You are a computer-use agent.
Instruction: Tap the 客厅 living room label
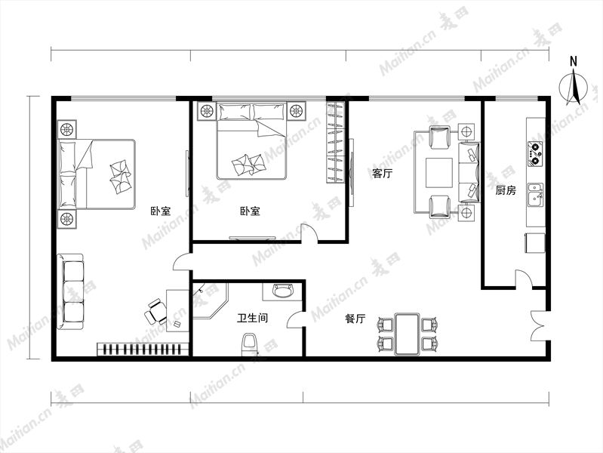pos(382,174)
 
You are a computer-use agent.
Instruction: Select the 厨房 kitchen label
pos(506,190)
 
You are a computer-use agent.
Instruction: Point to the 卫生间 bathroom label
pos(252,318)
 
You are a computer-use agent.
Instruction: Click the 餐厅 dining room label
pos(355,319)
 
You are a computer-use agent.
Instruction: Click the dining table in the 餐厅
pos(408,334)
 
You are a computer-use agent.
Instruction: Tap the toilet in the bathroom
pos(249,345)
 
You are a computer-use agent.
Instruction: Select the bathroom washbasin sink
pos(282,291)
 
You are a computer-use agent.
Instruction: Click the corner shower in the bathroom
pos(210,300)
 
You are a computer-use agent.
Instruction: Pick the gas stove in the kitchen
pos(535,154)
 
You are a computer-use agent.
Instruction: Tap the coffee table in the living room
pos(438,172)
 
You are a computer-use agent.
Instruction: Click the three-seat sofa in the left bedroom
pos(70,291)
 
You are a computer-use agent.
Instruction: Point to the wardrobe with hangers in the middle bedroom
pos(335,143)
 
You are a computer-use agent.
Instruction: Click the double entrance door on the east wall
pos(539,326)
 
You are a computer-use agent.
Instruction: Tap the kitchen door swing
pos(524,279)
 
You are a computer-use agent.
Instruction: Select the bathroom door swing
pos(296,320)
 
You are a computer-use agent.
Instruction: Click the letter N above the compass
pos(574,61)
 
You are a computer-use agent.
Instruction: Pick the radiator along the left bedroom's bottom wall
pos(143,349)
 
